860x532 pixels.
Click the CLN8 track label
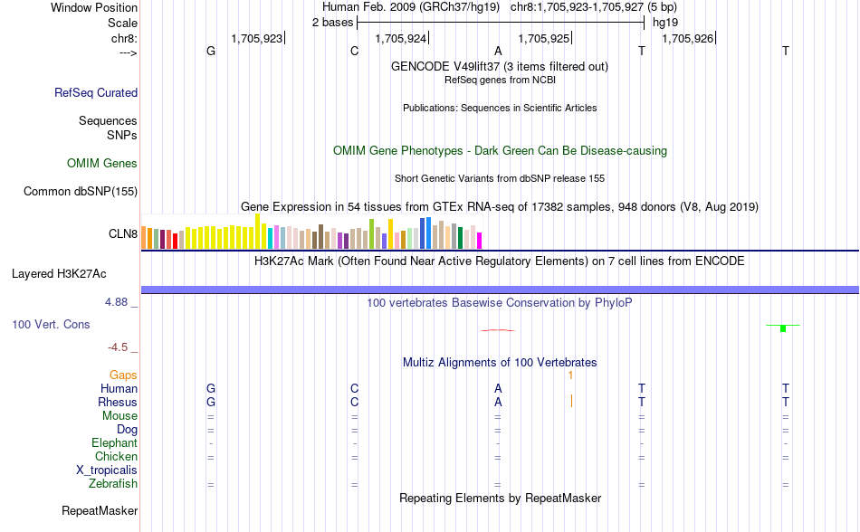[x=123, y=233]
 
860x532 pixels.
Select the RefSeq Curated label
[x=96, y=92]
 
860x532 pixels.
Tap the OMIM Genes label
[x=102, y=164]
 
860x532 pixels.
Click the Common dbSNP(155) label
[x=81, y=191]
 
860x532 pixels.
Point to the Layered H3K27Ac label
[x=59, y=273]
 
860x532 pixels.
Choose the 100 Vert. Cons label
[x=51, y=324]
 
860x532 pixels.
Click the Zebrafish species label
[x=113, y=484]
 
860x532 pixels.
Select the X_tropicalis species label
[x=107, y=470]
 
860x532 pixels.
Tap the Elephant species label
[x=114, y=443]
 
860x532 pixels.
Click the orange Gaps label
[x=123, y=375]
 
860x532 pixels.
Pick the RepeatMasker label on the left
[x=100, y=511]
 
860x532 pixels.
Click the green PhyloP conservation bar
[x=782, y=328]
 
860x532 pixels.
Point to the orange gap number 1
[x=570, y=375]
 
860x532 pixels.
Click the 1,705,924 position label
[x=400, y=39]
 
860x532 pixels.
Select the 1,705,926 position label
[x=688, y=39]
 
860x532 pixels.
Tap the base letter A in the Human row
[x=498, y=388]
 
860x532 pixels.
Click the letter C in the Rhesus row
[x=355, y=402]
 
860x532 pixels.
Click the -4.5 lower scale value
[x=119, y=347]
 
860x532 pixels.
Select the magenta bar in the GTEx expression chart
[x=479, y=241]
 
